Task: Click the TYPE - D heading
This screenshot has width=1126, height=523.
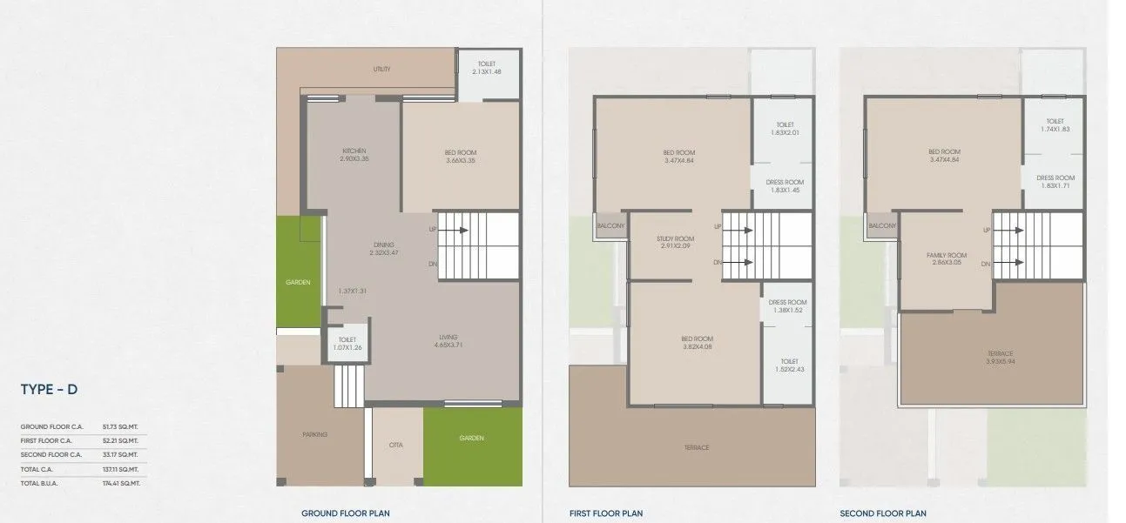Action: pyautogui.click(x=49, y=390)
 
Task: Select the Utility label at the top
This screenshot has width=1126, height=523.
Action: pyautogui.click(x=381, y=69)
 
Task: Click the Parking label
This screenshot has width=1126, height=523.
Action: pyautogui.click(x=314, y=434)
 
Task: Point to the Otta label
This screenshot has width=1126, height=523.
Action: pyautogui.click(x=394, y=445)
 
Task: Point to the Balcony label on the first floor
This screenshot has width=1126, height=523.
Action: pyautogui.click(x=608, y=226)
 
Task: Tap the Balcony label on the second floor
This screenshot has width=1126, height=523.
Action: pyautogui.click(x=882, y=226)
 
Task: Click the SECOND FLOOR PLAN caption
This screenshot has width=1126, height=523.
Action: pyautogui.click(x=883, y=513)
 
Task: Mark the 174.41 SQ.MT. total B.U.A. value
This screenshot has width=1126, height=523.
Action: pyautogui.click(x=121, y=483)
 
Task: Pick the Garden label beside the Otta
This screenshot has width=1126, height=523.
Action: pyautogui.click(x=471, y=438)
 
